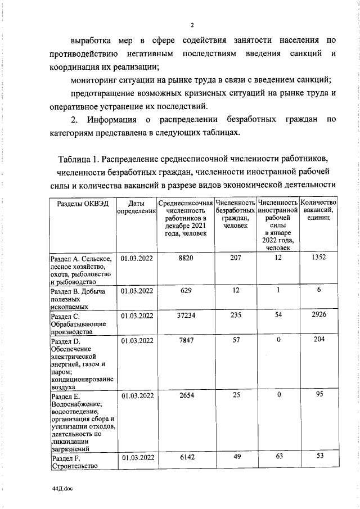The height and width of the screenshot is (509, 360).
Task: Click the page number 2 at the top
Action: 192,25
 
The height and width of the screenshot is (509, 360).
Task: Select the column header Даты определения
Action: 137,207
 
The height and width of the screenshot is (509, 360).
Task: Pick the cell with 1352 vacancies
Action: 318,258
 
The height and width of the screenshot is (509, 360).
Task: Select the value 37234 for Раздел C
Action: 186,316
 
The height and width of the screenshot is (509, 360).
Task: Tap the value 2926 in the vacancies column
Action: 318,316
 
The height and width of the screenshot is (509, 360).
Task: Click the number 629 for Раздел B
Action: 186,291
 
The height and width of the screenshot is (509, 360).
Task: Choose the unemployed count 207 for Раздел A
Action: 236,258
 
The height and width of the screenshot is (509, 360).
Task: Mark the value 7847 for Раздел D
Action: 186,341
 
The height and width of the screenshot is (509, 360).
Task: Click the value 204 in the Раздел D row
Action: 318,341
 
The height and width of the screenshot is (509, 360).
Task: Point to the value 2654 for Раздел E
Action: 186,395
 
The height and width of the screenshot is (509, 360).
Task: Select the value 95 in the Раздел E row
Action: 318,395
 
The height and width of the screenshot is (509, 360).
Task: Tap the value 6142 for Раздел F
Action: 186,458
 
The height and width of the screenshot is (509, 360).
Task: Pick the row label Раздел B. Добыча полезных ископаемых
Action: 79,299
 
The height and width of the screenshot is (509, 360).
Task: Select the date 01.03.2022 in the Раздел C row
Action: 137,316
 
